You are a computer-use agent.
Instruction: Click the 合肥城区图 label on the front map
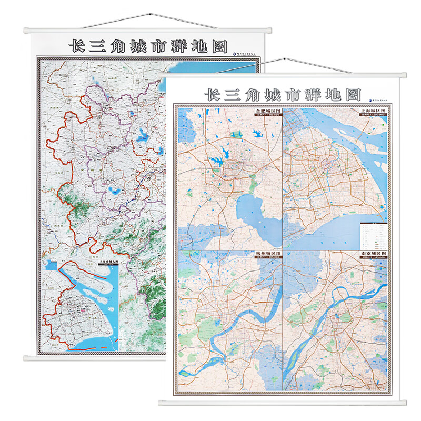click(268, 112)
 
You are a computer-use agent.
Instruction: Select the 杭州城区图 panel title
click(268, 254)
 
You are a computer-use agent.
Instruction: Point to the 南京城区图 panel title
click(373, 254)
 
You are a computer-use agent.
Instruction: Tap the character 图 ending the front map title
click(354, 95)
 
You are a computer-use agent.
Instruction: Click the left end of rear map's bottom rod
click(25, 358)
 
